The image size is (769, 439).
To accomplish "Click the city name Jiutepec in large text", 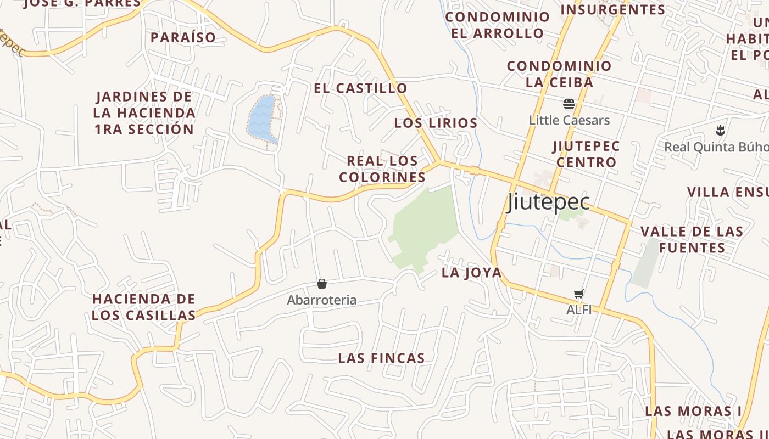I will pos(549,202).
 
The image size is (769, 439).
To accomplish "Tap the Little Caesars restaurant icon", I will pos(569,104).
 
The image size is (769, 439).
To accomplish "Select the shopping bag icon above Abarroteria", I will pos(322,284).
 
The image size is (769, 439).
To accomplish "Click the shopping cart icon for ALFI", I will pos(578,294).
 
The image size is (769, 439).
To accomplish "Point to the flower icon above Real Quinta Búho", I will pos(719,131).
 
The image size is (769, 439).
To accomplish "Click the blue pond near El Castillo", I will pos(261,118).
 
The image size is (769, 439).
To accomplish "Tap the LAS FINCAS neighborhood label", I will pos(381,358).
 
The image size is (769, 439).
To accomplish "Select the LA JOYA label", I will pos(471,273).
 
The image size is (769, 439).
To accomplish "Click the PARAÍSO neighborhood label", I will pos(183,38).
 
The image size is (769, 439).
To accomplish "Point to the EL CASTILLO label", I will pos(360,88).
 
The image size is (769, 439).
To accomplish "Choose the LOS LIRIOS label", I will pos(436,123).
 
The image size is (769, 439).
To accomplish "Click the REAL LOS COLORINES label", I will pos(382,169).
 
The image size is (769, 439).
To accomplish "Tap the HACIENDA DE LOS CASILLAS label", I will pos(143,307).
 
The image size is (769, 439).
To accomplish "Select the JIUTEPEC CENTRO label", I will pos(586,154).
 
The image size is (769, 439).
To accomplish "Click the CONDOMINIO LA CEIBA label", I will pos(559,74).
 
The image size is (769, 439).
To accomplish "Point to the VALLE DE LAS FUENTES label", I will pos(692,239).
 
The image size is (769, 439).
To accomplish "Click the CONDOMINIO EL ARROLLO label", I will pos(497,25).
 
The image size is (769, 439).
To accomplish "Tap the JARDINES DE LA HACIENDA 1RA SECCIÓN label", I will pos(144,113).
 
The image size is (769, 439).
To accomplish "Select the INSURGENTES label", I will pos(612,9).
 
